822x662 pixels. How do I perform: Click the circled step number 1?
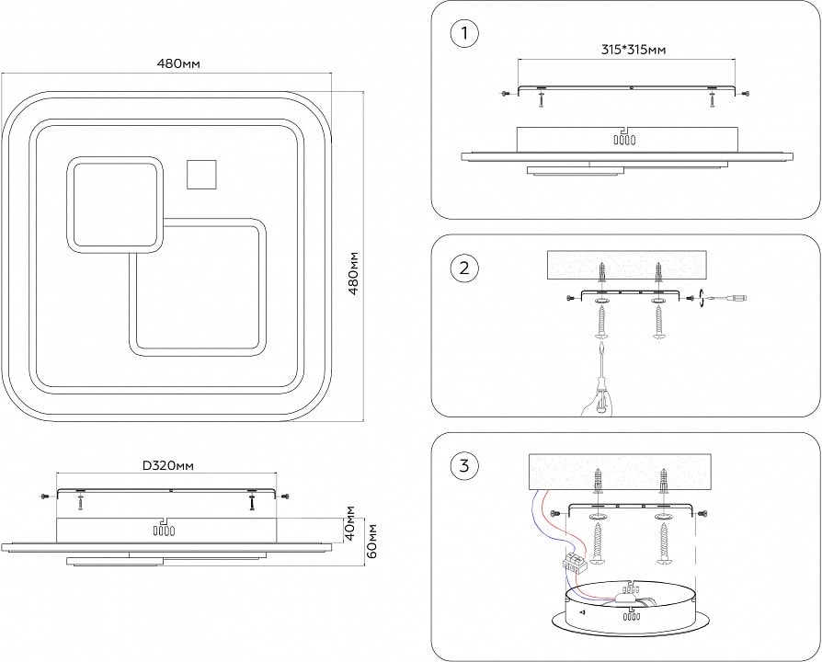[464, 36]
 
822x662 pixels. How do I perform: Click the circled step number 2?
[464, 268]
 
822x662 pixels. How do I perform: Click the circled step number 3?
[464, 466]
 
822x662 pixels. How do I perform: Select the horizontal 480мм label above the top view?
[179, 63]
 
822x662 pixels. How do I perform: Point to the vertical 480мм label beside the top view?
[352, 272]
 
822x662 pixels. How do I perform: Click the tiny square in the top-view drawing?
[200, 173]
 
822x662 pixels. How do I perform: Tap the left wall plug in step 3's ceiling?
[599, 482]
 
